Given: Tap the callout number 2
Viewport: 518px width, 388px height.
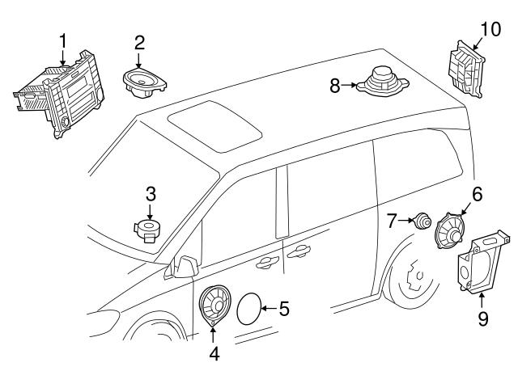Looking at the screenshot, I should click(x=139, y=43).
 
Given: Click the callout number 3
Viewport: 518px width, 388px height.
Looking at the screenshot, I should click(x=150, y=194).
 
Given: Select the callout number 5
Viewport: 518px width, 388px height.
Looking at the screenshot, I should click(x=284, y=308).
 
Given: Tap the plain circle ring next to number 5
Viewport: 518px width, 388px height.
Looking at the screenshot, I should click(x=251, y=309).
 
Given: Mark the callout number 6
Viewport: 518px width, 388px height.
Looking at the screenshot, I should click(x=477, y=193).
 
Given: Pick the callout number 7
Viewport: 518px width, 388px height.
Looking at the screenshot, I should click(x=393, y=218).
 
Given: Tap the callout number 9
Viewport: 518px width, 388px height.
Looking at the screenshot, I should click(x=482, y=319).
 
